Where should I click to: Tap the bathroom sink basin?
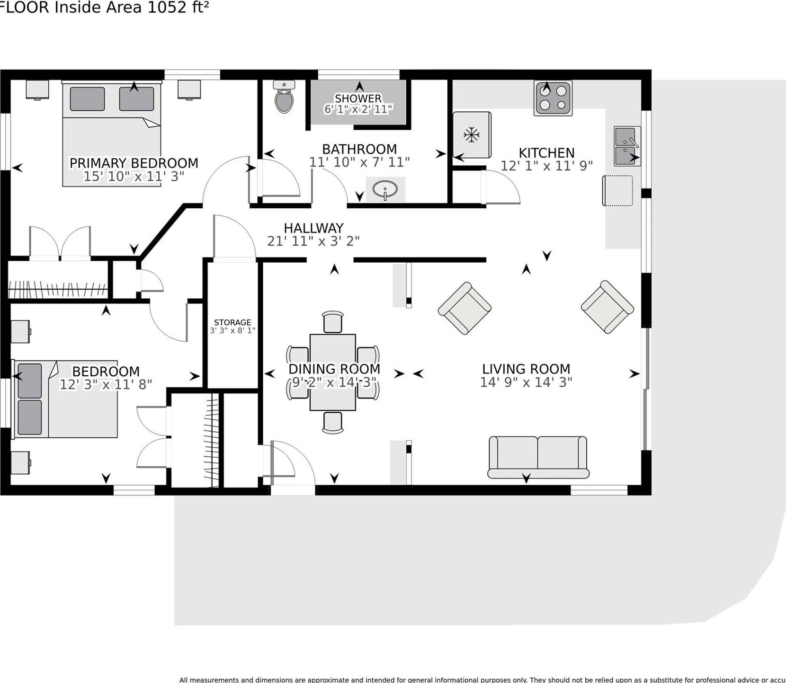click(385, 189)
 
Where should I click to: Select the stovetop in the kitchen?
click(553, 98)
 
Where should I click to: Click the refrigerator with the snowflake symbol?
click(472, 135)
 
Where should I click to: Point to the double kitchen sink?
click(627, 146)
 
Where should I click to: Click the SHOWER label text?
click(358, 98)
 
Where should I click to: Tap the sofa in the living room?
click(538, 456)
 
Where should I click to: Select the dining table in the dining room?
click(333, 373)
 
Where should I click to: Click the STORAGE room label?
click(232, 322)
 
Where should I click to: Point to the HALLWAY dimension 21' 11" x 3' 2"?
click(313, 241)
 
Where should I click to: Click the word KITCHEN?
click(546, 153)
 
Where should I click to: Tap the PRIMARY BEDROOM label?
click(134, 163)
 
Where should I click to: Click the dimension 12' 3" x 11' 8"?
click(106, 384)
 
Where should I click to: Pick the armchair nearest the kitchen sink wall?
click(607, 307)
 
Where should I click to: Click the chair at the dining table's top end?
click(332, 322)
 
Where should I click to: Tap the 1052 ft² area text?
click(179, 8)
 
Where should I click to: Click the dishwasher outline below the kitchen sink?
click(617, 191)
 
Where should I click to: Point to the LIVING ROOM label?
click(526, 369)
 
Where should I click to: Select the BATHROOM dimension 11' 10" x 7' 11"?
click(359, 162)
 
